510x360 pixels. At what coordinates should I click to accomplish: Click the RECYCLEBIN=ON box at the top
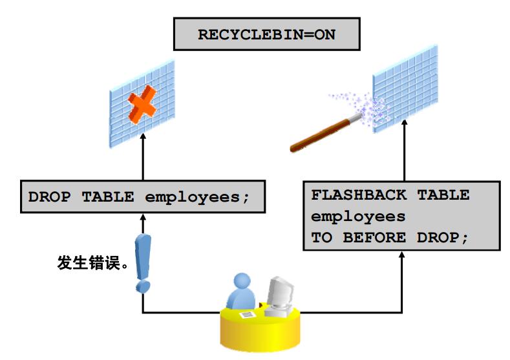pos(266,34)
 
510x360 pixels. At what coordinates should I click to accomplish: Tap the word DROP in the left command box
pos(49,197)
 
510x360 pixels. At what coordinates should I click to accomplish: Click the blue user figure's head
pos(242,282)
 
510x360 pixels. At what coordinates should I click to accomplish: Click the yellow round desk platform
pos(259,330)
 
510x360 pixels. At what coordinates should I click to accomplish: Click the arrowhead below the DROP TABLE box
pos(142,218)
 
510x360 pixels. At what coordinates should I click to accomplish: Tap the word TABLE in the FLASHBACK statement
pos(445,195)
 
